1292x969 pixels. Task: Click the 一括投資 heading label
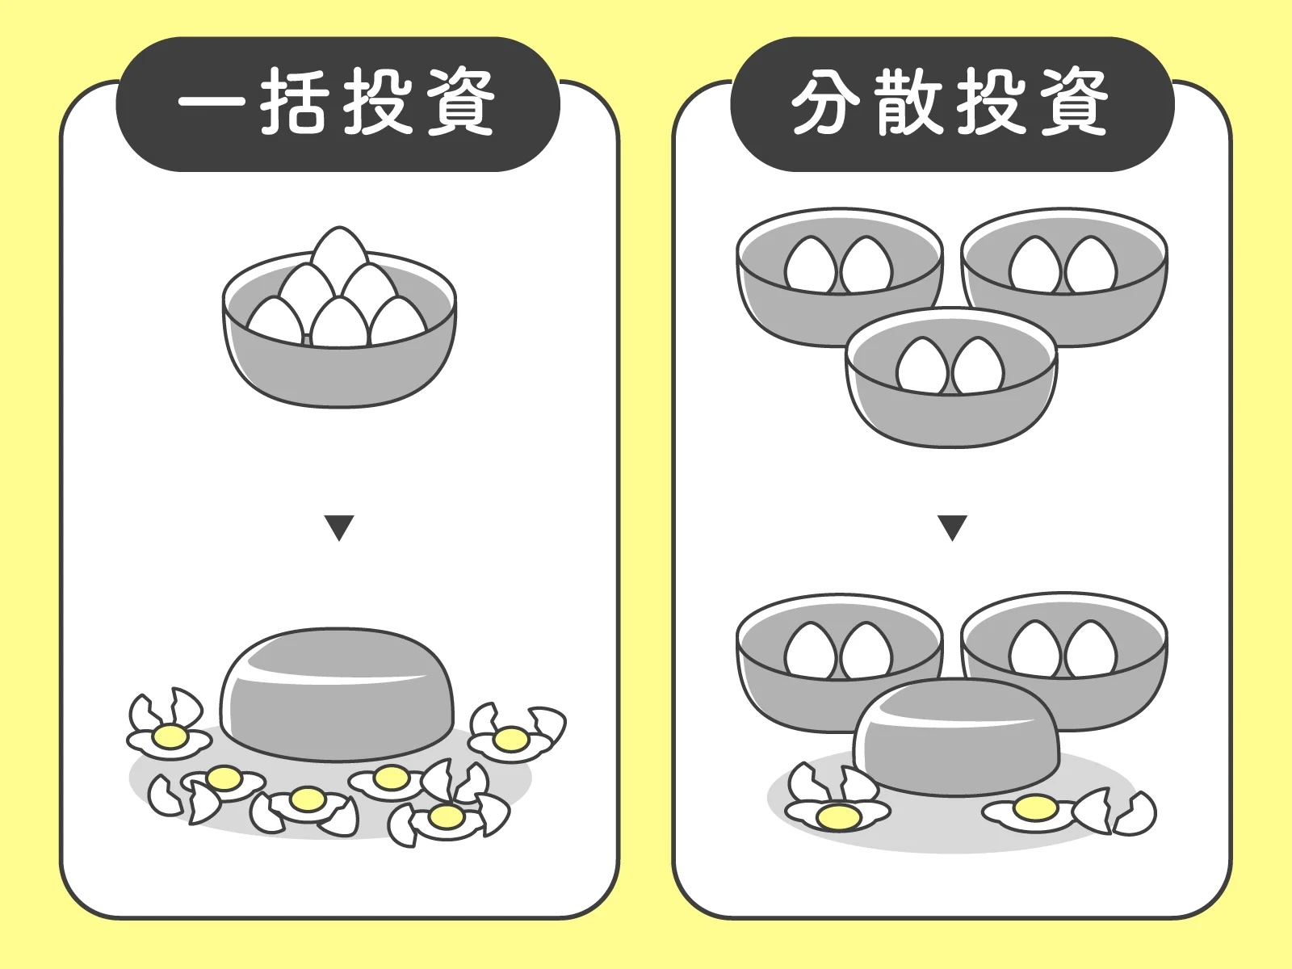tap(338, 103)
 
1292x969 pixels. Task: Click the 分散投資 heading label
tap(951, 103)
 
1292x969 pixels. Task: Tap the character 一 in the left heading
tap(212, 103)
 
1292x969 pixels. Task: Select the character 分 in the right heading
tap(824, 103)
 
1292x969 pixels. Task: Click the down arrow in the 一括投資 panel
tap(339, 527)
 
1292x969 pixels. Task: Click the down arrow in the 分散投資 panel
tap(953, 527)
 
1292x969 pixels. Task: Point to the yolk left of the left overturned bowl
tap(170, 736)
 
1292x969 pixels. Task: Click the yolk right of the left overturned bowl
tap(511, 738)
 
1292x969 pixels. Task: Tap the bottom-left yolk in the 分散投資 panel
tap(838, 817)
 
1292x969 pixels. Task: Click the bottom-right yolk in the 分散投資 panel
tap(1036, 807)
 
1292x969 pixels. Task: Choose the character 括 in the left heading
tap(295, 103)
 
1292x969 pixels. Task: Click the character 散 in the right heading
tap(909, 103)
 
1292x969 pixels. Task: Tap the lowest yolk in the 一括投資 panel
tap(445, 816)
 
